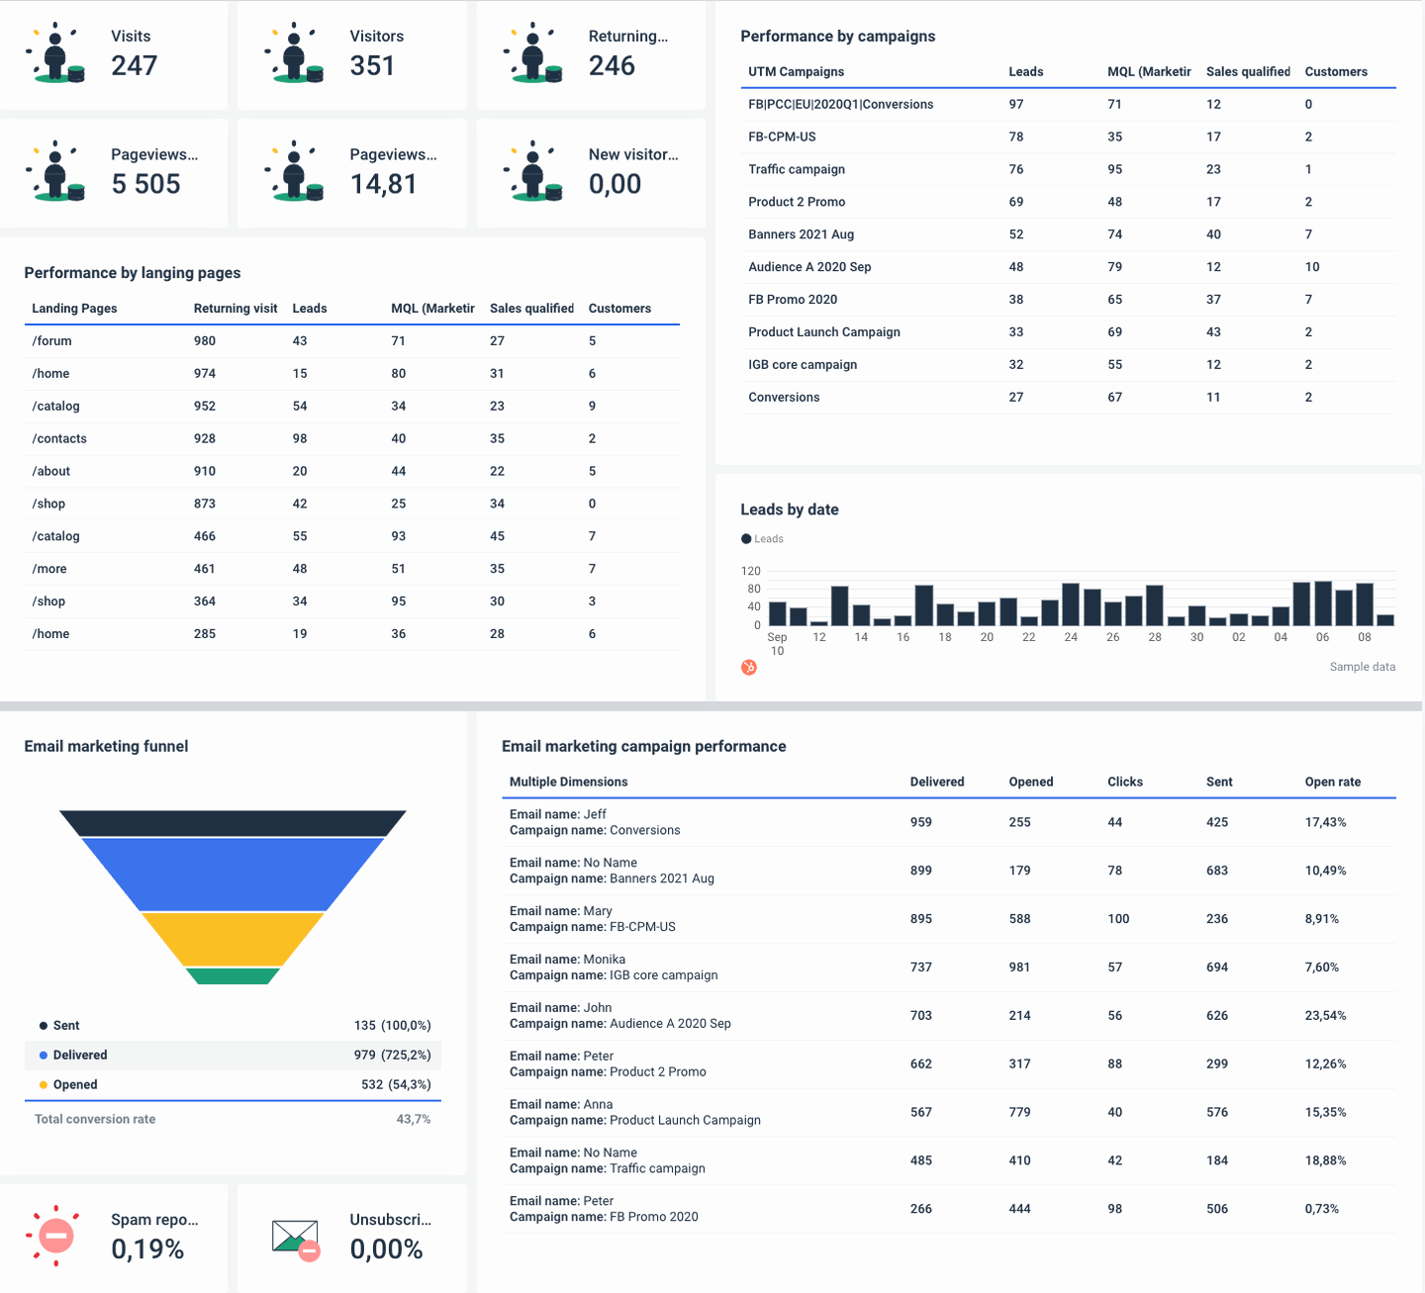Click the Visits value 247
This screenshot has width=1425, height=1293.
135,65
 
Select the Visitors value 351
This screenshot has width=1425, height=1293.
372,65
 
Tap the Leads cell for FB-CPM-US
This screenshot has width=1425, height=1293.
1016,137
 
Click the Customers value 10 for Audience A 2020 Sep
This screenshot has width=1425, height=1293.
1312,267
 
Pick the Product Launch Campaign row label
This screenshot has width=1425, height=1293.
823,332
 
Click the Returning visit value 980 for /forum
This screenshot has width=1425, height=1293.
205,341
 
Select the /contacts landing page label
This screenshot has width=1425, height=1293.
59,439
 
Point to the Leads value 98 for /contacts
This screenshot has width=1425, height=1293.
300,439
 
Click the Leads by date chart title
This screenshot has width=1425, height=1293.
789,509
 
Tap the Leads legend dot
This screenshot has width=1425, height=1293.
746,539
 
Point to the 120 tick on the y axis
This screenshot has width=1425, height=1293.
751,571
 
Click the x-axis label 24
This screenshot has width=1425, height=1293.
1071,637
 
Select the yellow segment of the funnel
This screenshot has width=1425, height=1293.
233,939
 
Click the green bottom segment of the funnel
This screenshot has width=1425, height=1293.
233,976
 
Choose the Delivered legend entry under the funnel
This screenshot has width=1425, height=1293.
80,1056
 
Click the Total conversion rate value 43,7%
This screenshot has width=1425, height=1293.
413,1119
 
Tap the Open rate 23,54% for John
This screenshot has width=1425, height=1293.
1325,1016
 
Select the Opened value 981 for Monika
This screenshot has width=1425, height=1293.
1019,968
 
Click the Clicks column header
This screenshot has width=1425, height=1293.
1125,782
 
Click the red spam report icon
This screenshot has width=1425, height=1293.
56,1236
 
